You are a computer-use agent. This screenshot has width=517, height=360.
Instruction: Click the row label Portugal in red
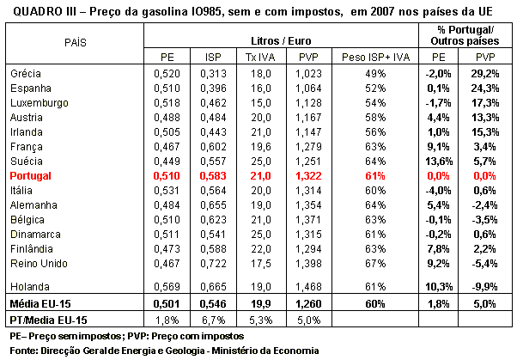tap(30, 176)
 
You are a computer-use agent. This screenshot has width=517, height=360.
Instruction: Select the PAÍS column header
tap(76, 43)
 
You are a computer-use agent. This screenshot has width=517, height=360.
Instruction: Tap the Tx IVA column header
tap(260, 58)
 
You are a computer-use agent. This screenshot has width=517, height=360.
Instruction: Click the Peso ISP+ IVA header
tap(375, 58)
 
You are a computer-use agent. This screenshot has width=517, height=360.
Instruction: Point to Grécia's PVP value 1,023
tap(308, 74)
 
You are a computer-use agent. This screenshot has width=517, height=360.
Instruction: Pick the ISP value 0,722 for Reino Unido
tap(213, 264)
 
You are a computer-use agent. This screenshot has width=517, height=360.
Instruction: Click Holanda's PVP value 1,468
tap(308, 287)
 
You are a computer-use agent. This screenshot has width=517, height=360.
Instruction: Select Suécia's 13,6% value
tap(439, 162)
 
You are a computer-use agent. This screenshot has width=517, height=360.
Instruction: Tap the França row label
tap(27, 147)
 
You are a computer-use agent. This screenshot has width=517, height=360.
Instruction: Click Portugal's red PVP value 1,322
tap(308, 176)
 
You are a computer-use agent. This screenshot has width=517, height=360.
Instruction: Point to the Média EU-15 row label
tap(40, 304)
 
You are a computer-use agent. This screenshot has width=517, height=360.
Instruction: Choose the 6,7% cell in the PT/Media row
tap(213, 320)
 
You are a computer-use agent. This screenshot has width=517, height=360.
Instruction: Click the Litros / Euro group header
tap(281, 41)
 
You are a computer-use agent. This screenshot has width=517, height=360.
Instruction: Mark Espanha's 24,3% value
tap(485, 88)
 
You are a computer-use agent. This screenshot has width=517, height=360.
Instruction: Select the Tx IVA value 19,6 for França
tap(260, 147)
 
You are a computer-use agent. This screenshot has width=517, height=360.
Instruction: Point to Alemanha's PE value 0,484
tap(167, 205)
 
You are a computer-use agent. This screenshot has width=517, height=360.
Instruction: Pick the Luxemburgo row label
tap(40, 103)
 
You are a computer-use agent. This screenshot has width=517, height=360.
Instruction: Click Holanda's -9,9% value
tap(484, 287)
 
